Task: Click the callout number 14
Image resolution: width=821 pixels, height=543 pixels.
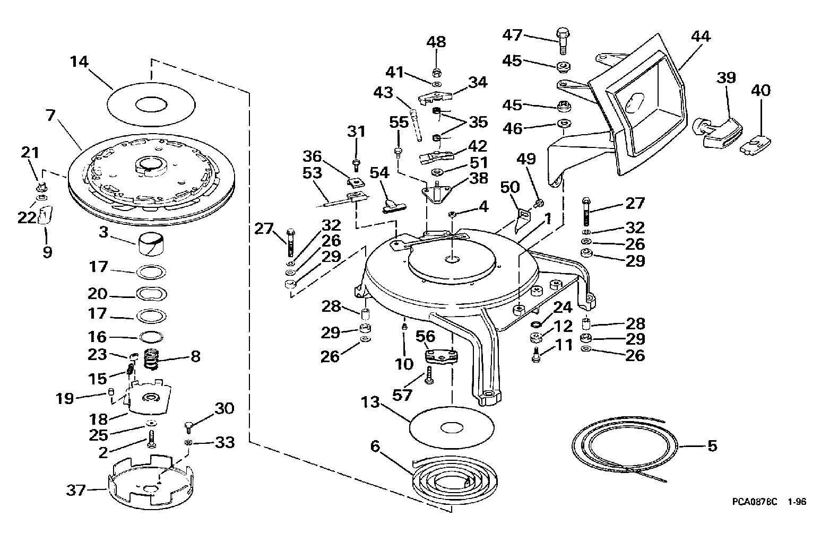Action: coord(79,62)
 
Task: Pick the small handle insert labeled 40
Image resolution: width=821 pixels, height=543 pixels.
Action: coord(755,145)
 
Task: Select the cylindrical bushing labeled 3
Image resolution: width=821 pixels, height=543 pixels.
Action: coord(151,245)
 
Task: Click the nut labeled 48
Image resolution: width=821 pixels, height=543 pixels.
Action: coord(437,72)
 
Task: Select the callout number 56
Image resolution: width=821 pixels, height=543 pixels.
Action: coord(425,336)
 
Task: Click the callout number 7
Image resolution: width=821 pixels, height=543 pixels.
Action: coord(50,115)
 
